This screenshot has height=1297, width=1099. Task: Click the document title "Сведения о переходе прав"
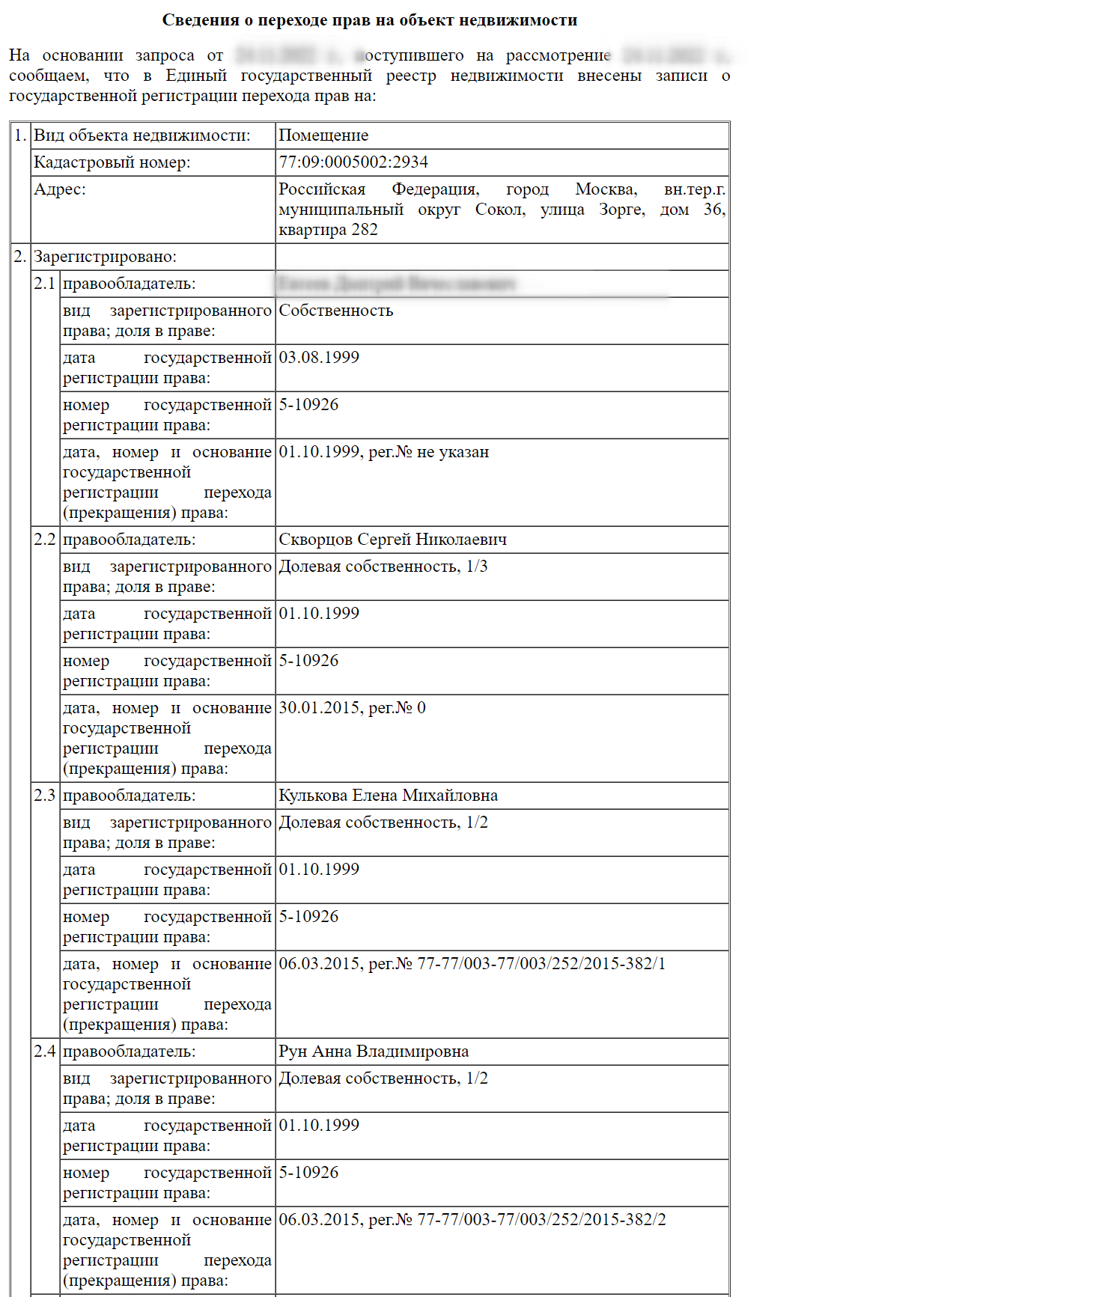coord(369,20)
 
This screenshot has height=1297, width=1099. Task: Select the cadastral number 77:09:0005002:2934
coord(353,162)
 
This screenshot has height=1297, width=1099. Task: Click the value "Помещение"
coord(323,135)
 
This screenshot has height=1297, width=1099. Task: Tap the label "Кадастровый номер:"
coord(112,162)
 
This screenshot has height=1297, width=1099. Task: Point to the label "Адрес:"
coord(60,189)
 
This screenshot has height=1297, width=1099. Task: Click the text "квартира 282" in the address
coord(328,230)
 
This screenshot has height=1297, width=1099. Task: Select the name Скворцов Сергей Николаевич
coord(392,540)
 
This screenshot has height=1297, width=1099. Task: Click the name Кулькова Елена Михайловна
coord(388,796)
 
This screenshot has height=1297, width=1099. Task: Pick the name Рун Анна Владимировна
coord(374,1052)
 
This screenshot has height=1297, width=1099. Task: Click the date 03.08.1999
coord(319,358)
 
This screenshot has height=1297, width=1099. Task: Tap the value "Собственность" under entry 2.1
coord(335,311)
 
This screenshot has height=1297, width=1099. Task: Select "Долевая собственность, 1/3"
coord(383,567)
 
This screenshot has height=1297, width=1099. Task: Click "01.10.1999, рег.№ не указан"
coord(383,452)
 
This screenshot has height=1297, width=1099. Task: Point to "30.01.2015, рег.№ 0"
coord(352,708)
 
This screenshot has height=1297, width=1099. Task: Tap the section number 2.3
coord(45,796)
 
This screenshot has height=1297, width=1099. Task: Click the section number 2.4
coord(45,1052)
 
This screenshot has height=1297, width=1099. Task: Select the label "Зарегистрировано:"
coord(105,257)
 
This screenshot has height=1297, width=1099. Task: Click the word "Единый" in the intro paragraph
coord(196,76)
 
